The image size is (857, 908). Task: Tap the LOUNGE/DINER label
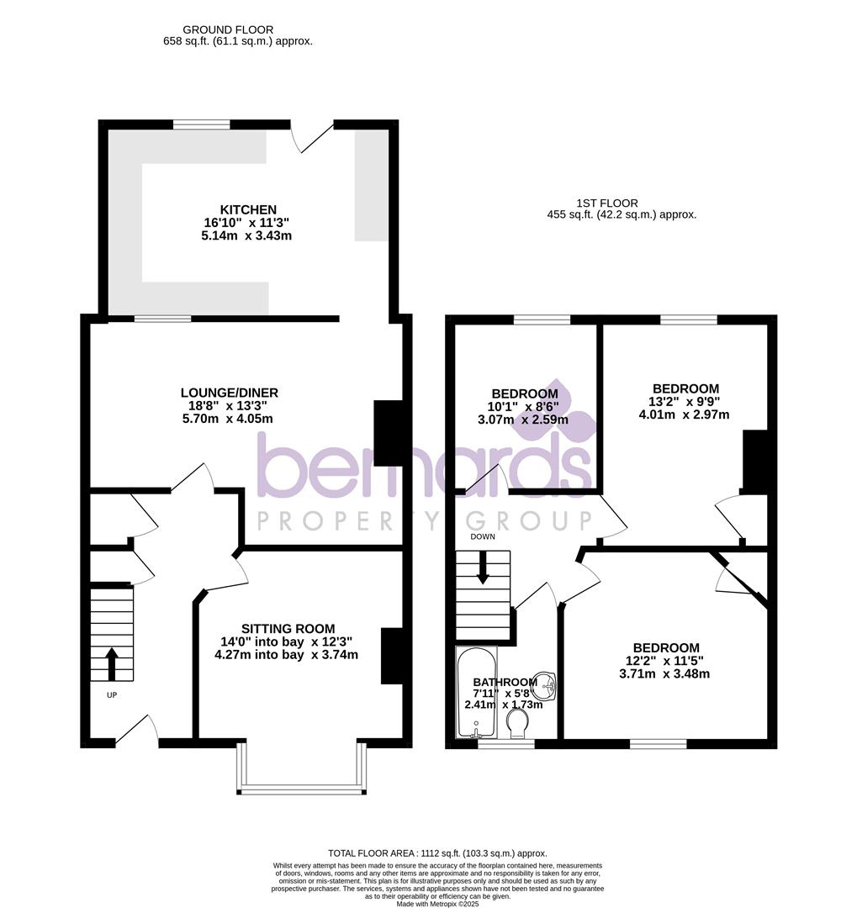pos(230,393)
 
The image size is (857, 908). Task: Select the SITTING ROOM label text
pos(288,628)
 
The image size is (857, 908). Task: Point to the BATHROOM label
pos(504,682)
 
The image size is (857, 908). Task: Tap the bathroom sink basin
pos(547,686)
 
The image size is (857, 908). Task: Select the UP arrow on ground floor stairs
pos(111,663)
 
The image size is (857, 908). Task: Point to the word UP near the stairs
pos(111,695)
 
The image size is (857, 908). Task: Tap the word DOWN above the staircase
pos(483,536)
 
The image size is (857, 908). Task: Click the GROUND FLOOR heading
pos(216,29)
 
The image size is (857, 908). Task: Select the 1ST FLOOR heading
pos(606,203)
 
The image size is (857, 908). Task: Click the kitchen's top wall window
pos(201,124)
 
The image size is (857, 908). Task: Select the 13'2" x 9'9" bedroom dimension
pos(685,402)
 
